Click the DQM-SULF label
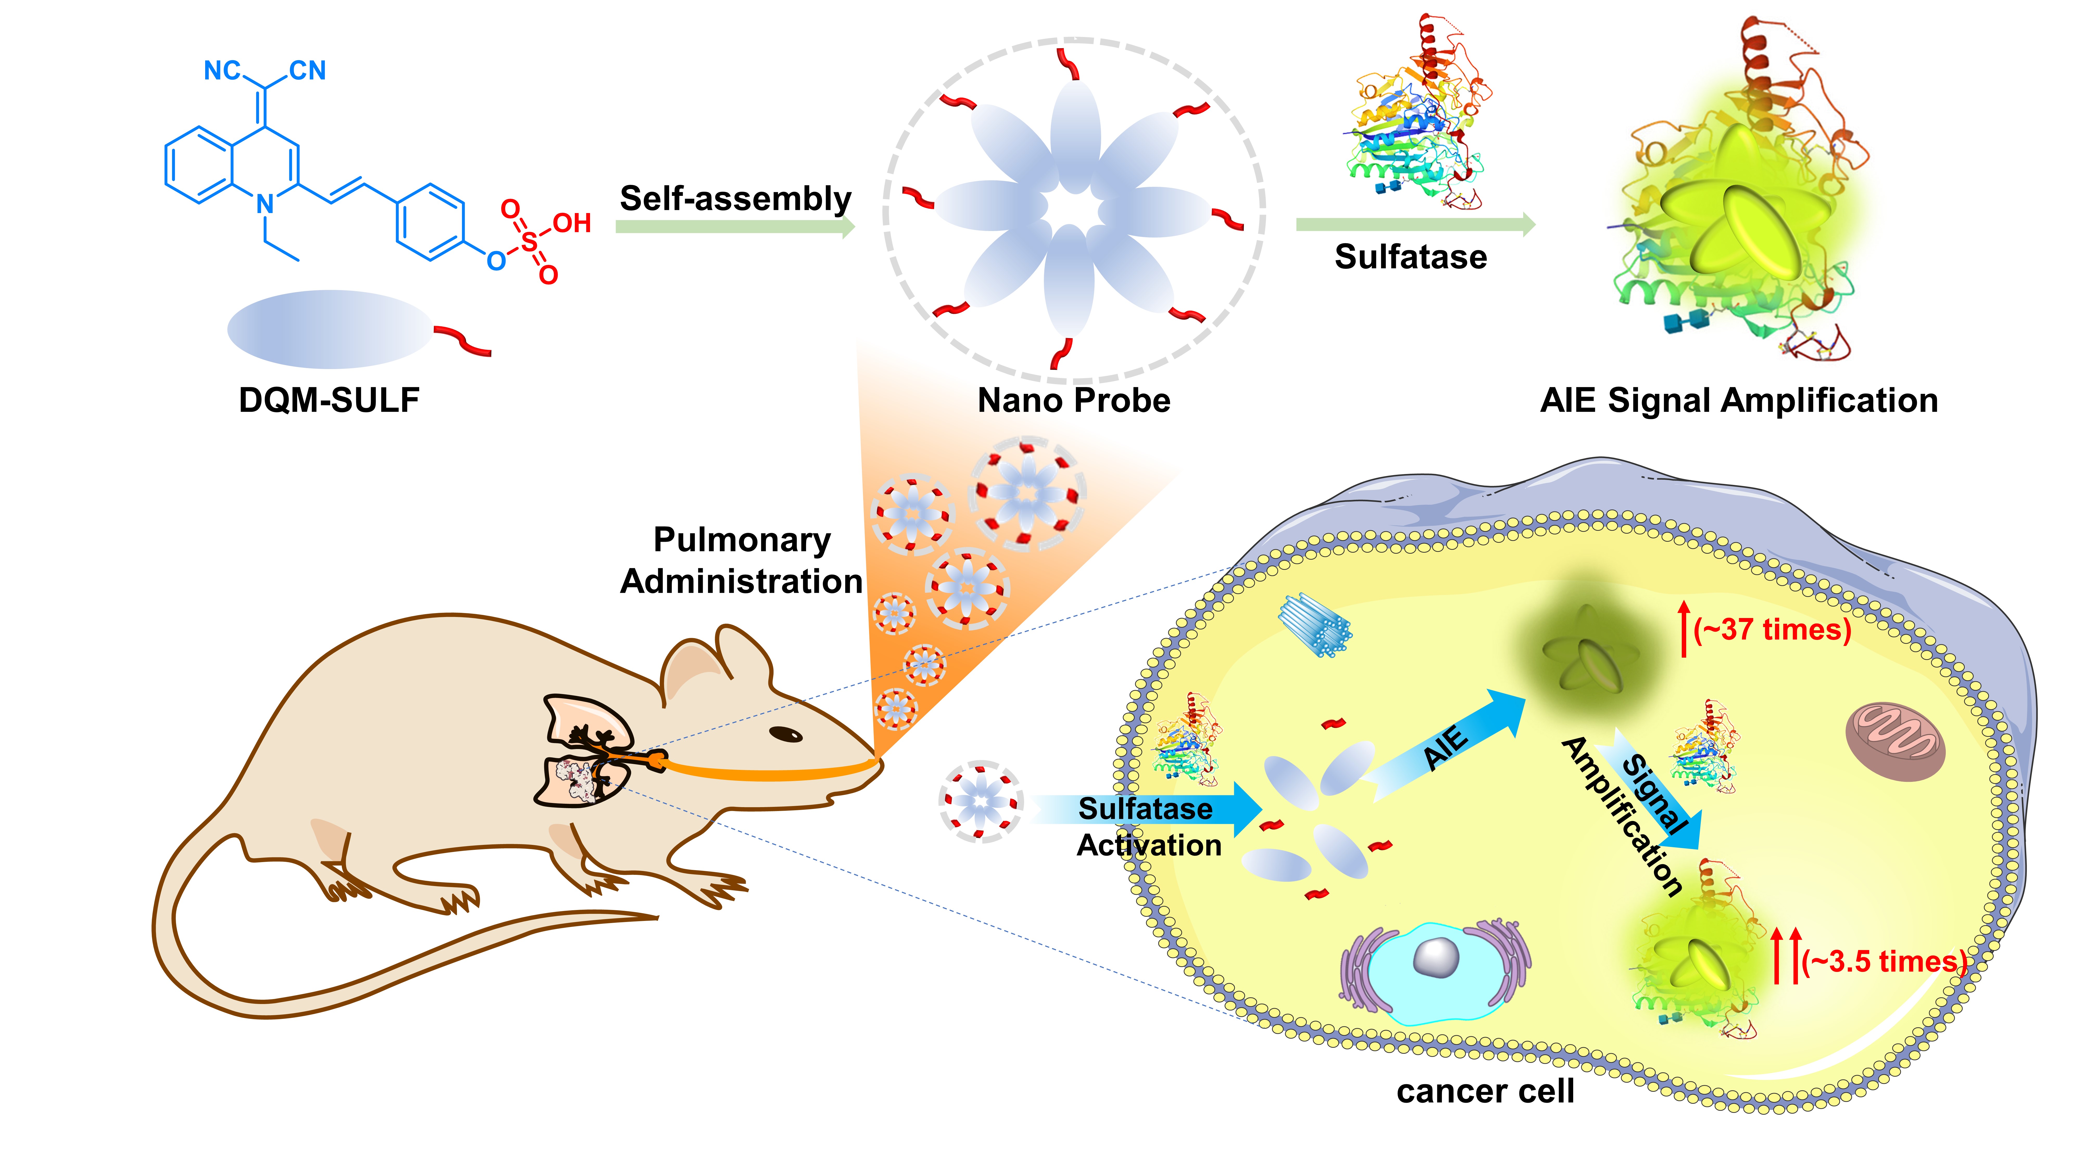tap(329, 400)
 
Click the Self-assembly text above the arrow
tap(735, 198)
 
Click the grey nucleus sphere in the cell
tap(1435, 958)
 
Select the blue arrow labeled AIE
tap(1447, 744)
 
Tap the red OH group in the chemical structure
tap(572, 223)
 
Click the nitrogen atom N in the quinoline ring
tap(265, 205)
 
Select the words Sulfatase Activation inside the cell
tap(1148, 827)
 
